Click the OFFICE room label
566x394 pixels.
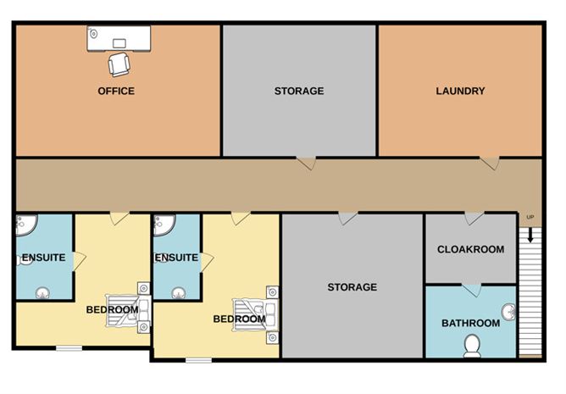pyautogui.click(x=116, y=91)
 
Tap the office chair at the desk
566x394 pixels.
pyautogui.click(x=119, y=64)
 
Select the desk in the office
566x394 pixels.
pyautogui.click(x=119, y=38)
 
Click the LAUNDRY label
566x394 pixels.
pyautogui.click(x=460, y=91)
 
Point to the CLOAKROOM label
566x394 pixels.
pyautogui.click(x=471, y=249)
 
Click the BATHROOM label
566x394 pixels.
pyautogui.click(x=471, y=323)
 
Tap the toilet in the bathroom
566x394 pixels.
pyautogui.click(x=472, y=346)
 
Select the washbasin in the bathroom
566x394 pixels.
pyautogui.click(x=509, y=312)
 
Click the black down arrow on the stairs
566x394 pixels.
pyautogui.click(x=530, y=235)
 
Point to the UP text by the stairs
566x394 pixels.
pyautogui.click(x=530, y=217)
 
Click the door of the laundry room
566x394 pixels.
pyautogui.click(x=491, y=163)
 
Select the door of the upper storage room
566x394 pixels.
pyautogui.click(x=307, y=163)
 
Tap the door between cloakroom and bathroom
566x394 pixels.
pyautogui.click(x=472, y=291)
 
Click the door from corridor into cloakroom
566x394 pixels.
pyautogui.click(x=474, y=219)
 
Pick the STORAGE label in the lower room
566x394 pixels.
pyautogui.click(x=352, y=287)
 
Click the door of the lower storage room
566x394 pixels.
pyautogui.click(x=348, y=219)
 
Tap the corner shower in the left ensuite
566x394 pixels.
pyautogui.click(x=27, y=225)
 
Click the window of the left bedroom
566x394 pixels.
pyautogui.click(x=69, y=348)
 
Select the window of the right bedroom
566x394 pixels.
pyautogui.click(x=198, y=360)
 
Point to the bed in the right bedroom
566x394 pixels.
pyautogui.click(x=255, y=314)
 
